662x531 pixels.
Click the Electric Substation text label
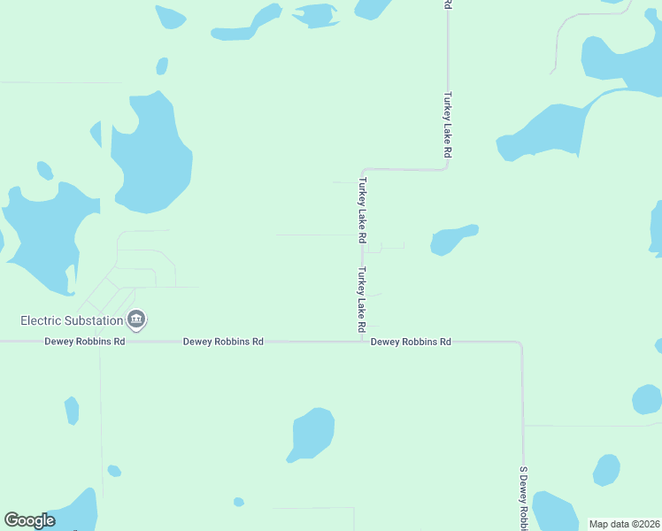coord(71,319)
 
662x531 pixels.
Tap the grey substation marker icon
coord(136,319)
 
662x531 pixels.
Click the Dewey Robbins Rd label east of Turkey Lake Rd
coord(411,342)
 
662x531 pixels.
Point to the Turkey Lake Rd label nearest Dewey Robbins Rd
coord(362,301)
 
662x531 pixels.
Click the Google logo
coord(29,520)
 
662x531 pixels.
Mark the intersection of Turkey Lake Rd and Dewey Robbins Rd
coord(362,341)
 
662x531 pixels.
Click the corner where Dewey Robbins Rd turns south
coord(521,342)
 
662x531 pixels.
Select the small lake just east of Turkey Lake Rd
coord(451,239)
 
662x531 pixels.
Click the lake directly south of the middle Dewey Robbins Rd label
coord(312,434)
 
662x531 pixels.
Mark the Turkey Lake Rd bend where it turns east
coord(363,169)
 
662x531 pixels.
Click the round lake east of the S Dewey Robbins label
coord(606,469)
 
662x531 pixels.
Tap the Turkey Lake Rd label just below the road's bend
coord(362,211)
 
